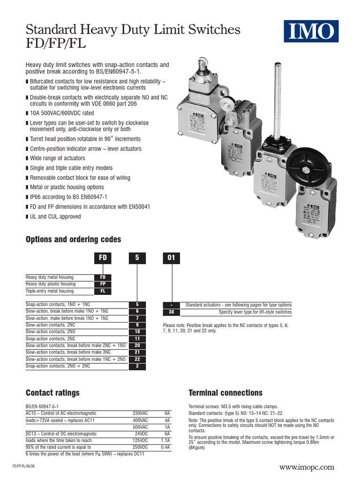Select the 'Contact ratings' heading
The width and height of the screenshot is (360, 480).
pos(52,393)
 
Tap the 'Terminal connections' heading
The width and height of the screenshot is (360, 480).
pos(225,393)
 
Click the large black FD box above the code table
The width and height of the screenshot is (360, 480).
pos(103,258)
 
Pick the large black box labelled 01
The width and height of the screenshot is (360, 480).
pos(171,258)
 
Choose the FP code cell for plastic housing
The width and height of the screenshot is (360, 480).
pos(103,284)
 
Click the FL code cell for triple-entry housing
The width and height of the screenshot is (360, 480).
pos(103,291)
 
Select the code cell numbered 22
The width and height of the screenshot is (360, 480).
pos(137,359)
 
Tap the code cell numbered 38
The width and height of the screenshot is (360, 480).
pos(171,312)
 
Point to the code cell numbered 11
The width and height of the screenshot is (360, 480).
pos(137,338)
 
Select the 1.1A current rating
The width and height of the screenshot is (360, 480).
pos(165,441)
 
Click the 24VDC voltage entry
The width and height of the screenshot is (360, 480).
pos(141,434)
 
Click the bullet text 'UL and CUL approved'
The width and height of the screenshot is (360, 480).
pos(55,217)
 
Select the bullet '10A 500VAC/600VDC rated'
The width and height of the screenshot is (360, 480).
pos(62,113)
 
